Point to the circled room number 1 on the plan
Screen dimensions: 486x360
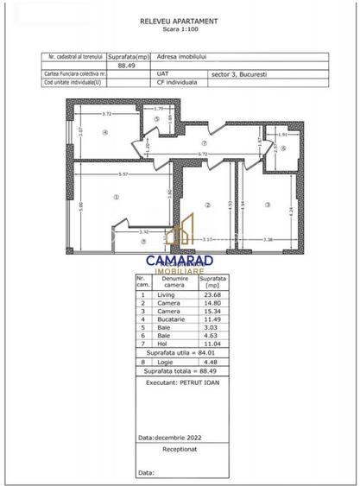(x=115, y=198)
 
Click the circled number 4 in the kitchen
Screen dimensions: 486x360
(x=104, y=132)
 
